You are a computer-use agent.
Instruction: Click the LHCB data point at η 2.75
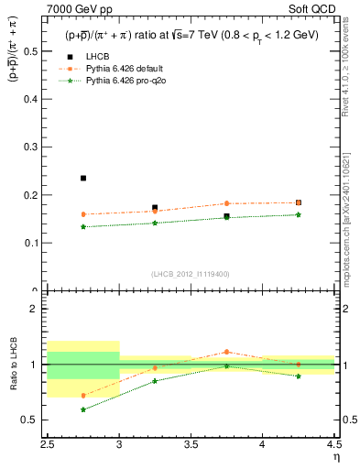click(x=83, y=178)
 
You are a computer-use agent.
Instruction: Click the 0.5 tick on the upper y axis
click(x=36, y=51)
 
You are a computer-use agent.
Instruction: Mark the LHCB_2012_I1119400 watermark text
click(x=191, y=274)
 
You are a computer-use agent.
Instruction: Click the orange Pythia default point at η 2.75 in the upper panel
click(x=83, y=214)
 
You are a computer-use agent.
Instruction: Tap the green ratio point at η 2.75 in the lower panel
click(x=83, y=409)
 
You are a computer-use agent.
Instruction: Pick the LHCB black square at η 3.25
click(x=155, y=208)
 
